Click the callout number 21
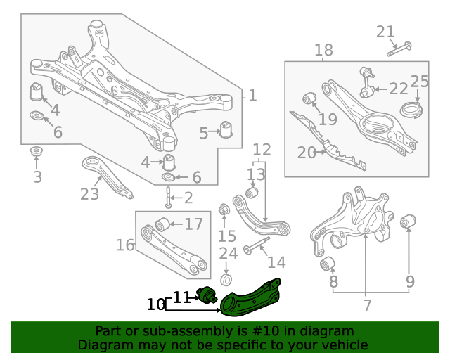pyautogui.click(x=386, y=32)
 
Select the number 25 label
pyautogui.click(x=420, y=81)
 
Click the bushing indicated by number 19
pyautogui.click(x=307, y=97)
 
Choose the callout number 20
pyautogui.click(x=307, y=153)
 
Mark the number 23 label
pyautogui.click(x=90, y=194)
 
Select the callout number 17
pyautogui.click(x=193, y=224)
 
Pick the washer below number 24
pyautogui.click(x=226, y=280)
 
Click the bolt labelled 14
pyautogui.click(x=257, y=247)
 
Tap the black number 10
pyautogui.click(x=156, y=305)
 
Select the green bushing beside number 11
pyautogui.click(x=207, y=295)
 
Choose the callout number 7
pyautogui.click(x=366, y=305)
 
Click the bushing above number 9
pyautogui.click(x=406, y=224)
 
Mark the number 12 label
pyautogui.click(x=262, y=150)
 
